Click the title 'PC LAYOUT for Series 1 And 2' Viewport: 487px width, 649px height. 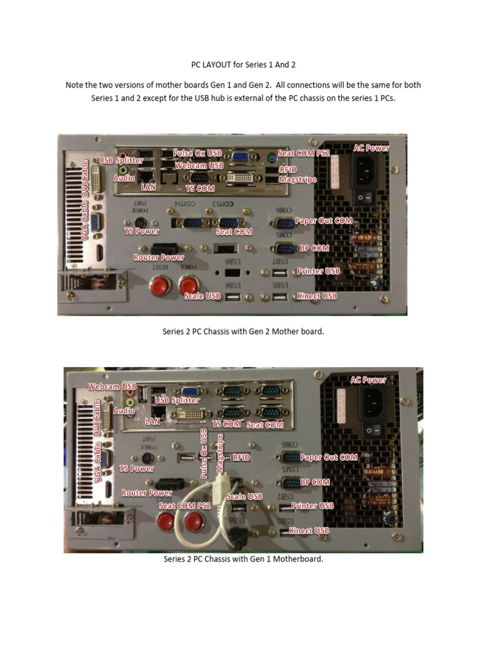[243, 65]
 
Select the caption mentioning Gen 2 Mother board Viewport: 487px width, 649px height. [243, 331]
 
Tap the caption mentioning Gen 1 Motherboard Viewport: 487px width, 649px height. [243, 559]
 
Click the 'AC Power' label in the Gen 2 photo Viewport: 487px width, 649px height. [372, 148]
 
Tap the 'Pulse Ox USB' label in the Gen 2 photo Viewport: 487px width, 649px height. [197, 153]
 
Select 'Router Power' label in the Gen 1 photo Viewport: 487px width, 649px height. [146, 492]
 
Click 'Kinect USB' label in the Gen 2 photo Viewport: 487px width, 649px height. [316, 296]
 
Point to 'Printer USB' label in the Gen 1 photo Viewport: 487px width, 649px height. [313, 506]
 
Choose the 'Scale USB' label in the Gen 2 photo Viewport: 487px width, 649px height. [204, 296]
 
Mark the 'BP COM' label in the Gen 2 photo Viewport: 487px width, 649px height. [315, 248]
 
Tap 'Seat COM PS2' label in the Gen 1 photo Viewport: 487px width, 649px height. [185, 506]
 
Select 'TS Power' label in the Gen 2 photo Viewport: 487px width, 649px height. [141, 231]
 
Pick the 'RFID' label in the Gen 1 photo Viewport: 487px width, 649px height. [242, 456]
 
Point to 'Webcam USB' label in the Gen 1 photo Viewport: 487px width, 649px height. [112, 386]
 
